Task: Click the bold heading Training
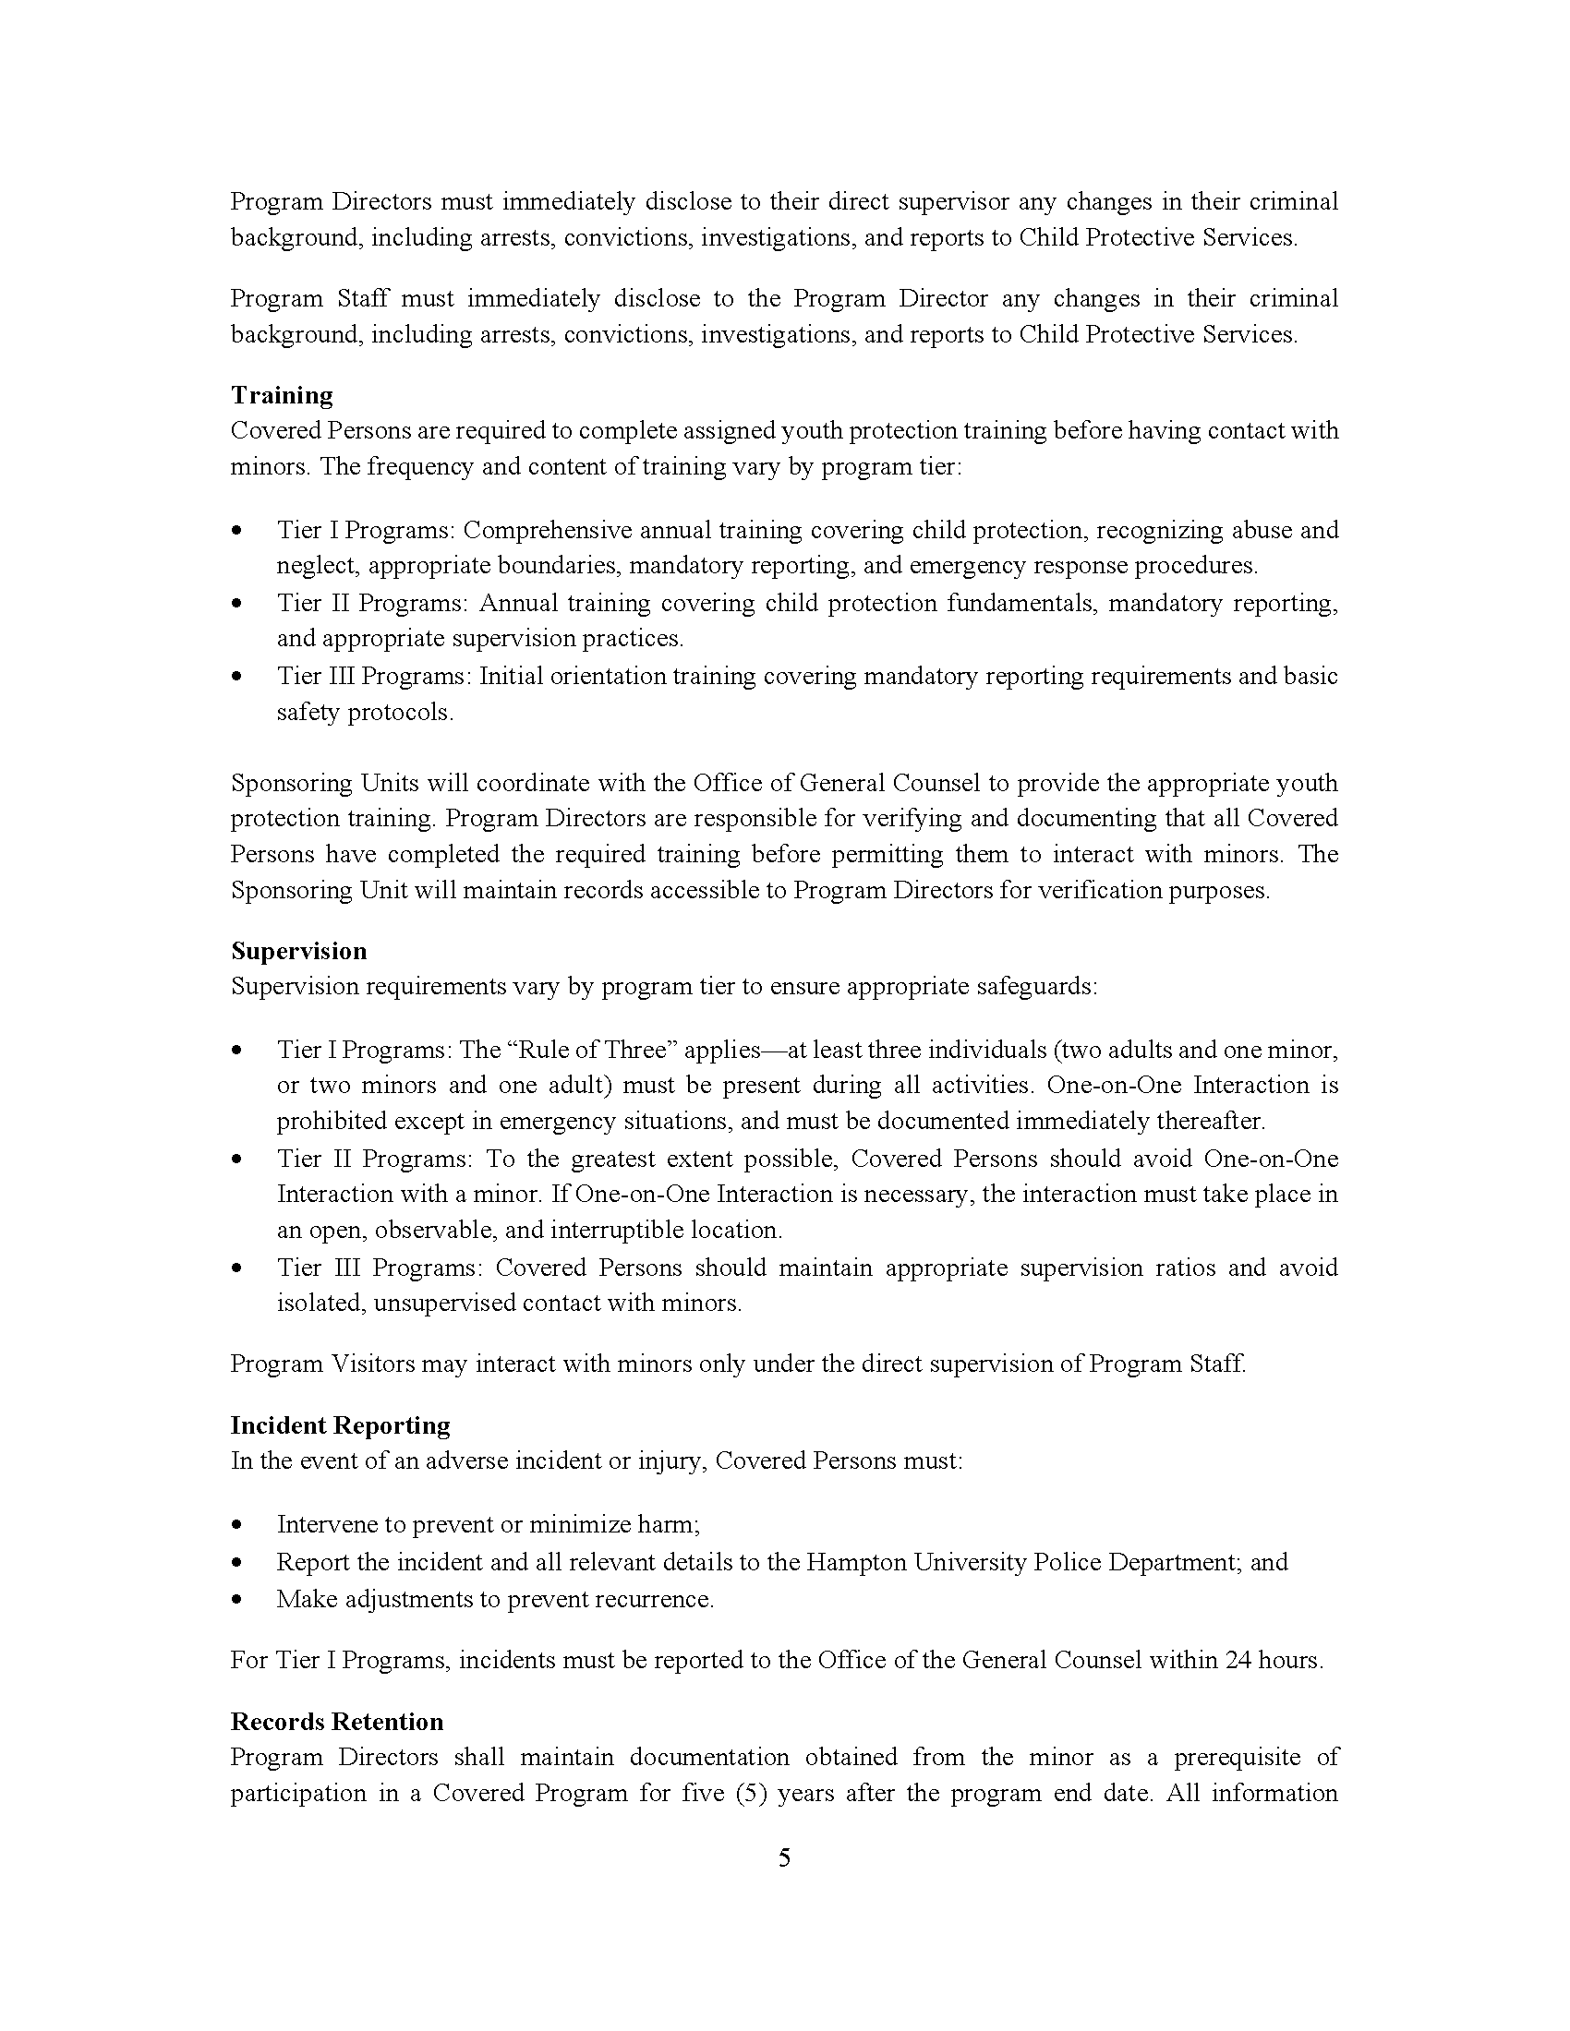click(282, 395)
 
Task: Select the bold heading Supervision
click(298, 950)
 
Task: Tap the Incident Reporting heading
click(341, 1424)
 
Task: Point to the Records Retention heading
click(337, 1722)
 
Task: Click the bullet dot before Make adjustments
click(239, 1600)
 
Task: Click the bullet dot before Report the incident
click(239, 1562)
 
